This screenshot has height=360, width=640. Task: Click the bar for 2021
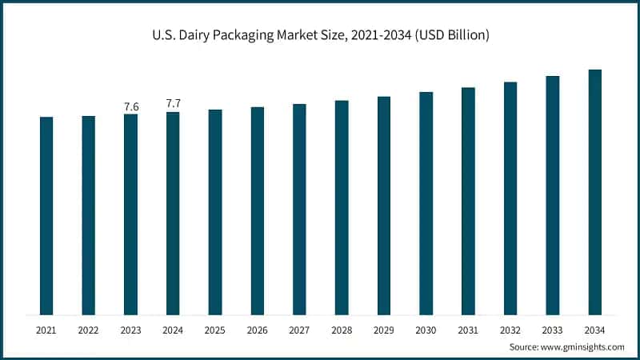46,216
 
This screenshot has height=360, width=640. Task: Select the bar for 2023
130,214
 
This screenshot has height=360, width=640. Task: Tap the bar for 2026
258,211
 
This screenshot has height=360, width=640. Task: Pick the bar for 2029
384,206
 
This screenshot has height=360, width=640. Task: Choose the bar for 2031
468,201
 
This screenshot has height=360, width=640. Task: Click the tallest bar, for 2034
595,192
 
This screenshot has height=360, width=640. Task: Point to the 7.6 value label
130,106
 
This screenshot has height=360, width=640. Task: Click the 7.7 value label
173,103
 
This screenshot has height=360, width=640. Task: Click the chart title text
320,35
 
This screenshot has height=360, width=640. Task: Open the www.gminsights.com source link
584,347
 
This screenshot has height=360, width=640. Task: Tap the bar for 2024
173,214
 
